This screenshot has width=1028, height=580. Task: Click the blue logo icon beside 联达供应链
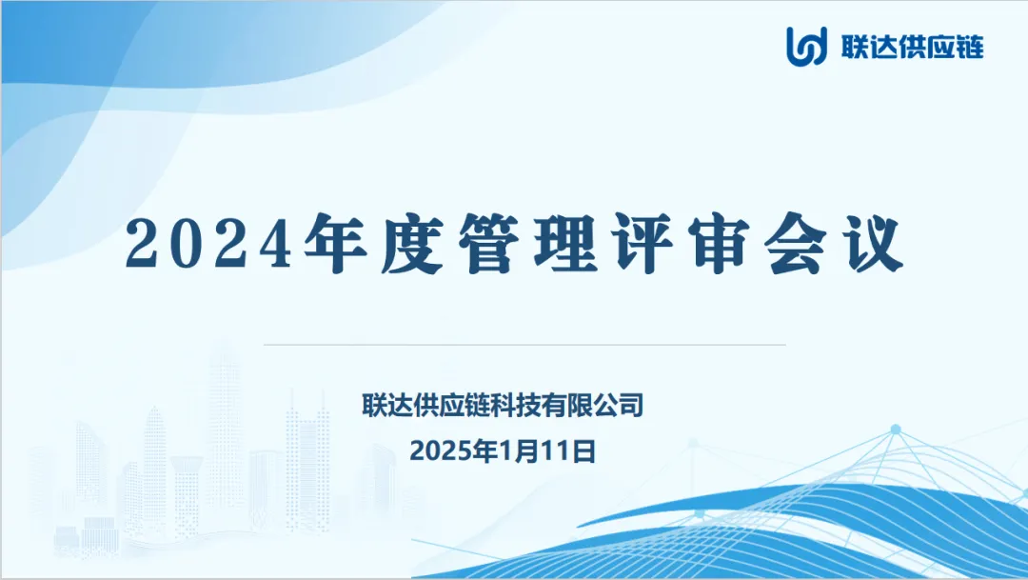point(807,47)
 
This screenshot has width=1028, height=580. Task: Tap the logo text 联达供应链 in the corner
point(913,48)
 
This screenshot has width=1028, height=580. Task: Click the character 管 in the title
point(489,243)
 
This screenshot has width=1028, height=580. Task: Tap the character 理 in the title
point(565,243)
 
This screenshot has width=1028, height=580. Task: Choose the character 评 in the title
point(643,243)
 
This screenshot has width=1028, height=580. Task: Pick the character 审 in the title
point(720,243)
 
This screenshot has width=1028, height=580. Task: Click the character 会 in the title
point(796,243)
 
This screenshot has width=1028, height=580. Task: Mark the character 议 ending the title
point(874,243)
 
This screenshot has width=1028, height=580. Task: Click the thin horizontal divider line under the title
point(524,344)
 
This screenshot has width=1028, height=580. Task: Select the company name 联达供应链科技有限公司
point(503,405)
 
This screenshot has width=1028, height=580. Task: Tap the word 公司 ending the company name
point(618,405)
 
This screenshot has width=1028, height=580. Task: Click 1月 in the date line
point(518,451)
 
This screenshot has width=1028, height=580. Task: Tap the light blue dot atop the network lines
point(896,430)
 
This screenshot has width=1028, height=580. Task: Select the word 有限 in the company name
point(566,405)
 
